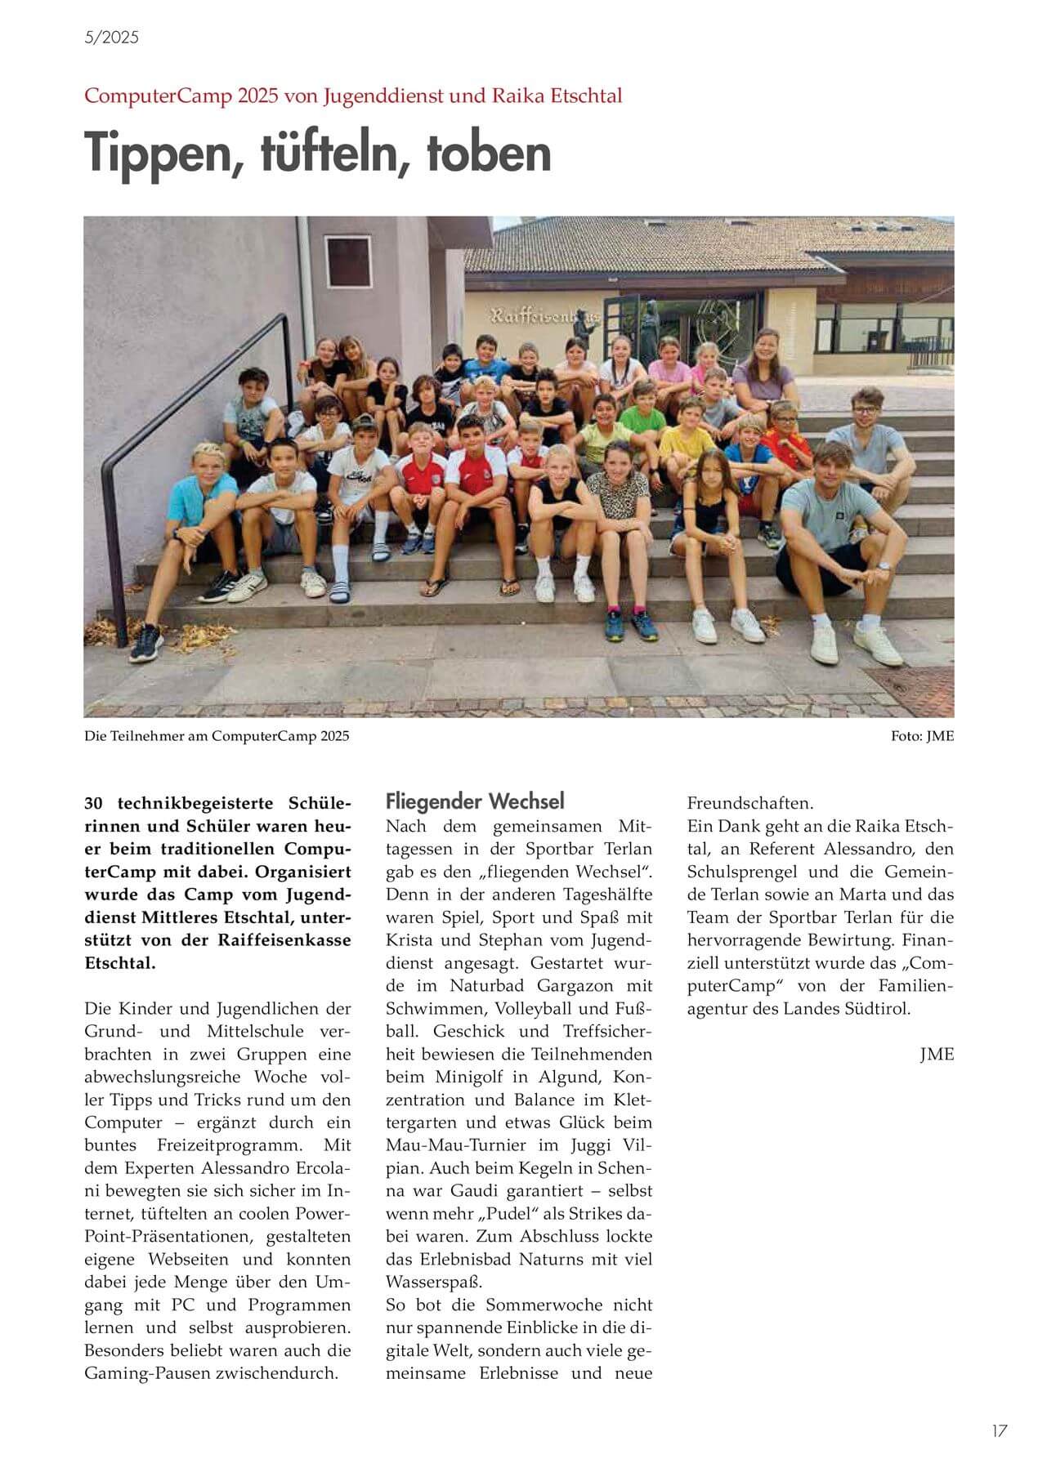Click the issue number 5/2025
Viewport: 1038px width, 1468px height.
111,37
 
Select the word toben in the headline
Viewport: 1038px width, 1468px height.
489,153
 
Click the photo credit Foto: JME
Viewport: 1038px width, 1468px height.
922,736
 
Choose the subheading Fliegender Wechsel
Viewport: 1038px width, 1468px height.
475,801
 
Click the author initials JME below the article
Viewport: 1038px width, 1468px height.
937,1054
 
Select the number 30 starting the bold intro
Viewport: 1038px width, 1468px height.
95,802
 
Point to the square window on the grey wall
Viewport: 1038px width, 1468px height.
348,259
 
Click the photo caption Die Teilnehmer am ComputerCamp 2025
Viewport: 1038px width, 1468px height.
217,736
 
